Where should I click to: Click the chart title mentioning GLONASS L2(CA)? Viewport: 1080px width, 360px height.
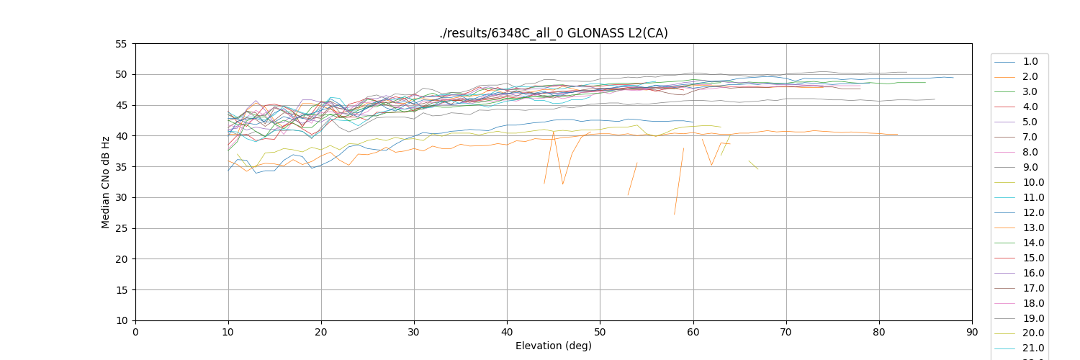(x=553, y=33)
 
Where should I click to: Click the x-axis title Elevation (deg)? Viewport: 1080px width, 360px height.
(x=553, y=346)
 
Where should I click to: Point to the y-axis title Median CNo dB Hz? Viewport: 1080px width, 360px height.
(x=106, y=182)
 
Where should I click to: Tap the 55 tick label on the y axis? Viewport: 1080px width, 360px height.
(x=121, y=44)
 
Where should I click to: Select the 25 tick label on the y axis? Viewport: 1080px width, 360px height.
(x=121, y=228)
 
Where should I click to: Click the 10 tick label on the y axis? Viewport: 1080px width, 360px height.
(x=121, y=320)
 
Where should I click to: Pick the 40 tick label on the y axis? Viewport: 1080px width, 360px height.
(x=121, y=136)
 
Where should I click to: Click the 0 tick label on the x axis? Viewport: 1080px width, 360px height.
(x=135, y=332)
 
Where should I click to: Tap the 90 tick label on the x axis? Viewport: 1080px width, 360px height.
(x=972, y=332)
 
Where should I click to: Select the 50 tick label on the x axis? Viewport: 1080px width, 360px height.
(x=600, y=332)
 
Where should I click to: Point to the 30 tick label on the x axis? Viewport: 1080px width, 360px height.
(x=414, y=332)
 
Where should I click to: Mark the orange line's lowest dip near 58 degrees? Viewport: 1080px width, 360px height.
(x=675, y=214)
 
